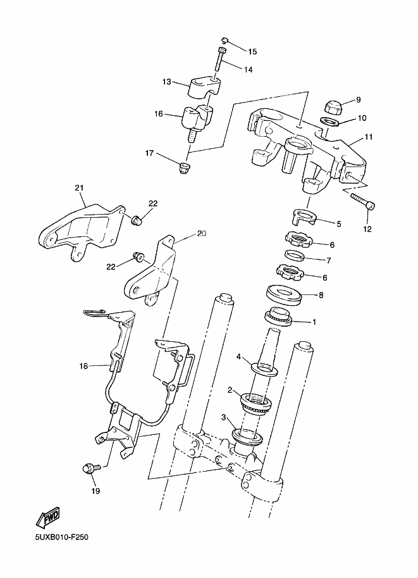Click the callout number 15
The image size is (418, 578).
252,51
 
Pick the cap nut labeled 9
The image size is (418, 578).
332,105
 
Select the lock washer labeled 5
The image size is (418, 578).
306,218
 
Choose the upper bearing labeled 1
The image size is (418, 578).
278,316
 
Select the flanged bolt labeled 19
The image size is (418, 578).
89,469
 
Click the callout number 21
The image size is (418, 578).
79,187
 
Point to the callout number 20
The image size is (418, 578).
202,234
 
